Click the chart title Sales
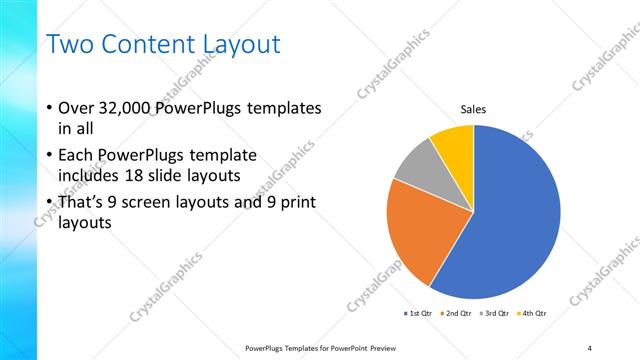pyautogui.click(x=473, y=109)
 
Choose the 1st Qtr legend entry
pyautogui.click(x=417, y=313)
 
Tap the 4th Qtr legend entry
pyautogui.click(x=531, y=313)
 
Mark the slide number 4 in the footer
pyautogui.click(x=590, y=347)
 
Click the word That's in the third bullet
pyautogui.click(x=82, y=203)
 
